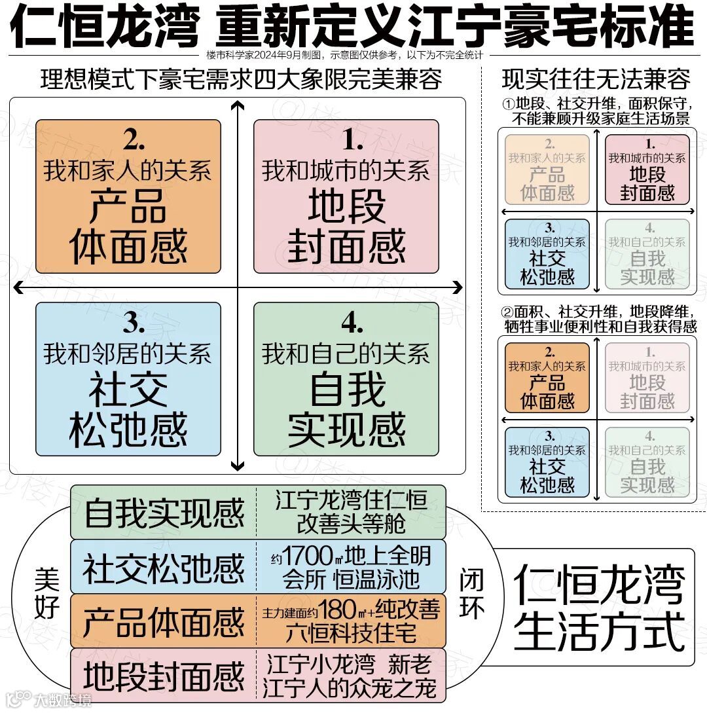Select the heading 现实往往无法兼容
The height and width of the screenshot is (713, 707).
click(596, 80)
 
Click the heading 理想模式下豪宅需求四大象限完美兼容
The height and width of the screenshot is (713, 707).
click(241, 80)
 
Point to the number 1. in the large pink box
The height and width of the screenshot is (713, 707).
click(353, 139)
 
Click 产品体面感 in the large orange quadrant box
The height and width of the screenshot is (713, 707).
click(128, 227)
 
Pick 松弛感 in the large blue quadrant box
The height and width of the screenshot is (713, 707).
click(128, 430)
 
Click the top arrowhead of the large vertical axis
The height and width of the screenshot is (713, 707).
click(238, 106)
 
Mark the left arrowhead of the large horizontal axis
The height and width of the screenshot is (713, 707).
click(18, 287)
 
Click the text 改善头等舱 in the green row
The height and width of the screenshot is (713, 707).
click(351, 523)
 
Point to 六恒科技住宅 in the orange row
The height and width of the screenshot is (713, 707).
click(351, 632)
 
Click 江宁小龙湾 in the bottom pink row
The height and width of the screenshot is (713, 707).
click(321, 665)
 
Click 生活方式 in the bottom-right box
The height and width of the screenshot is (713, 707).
click(599, 630)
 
